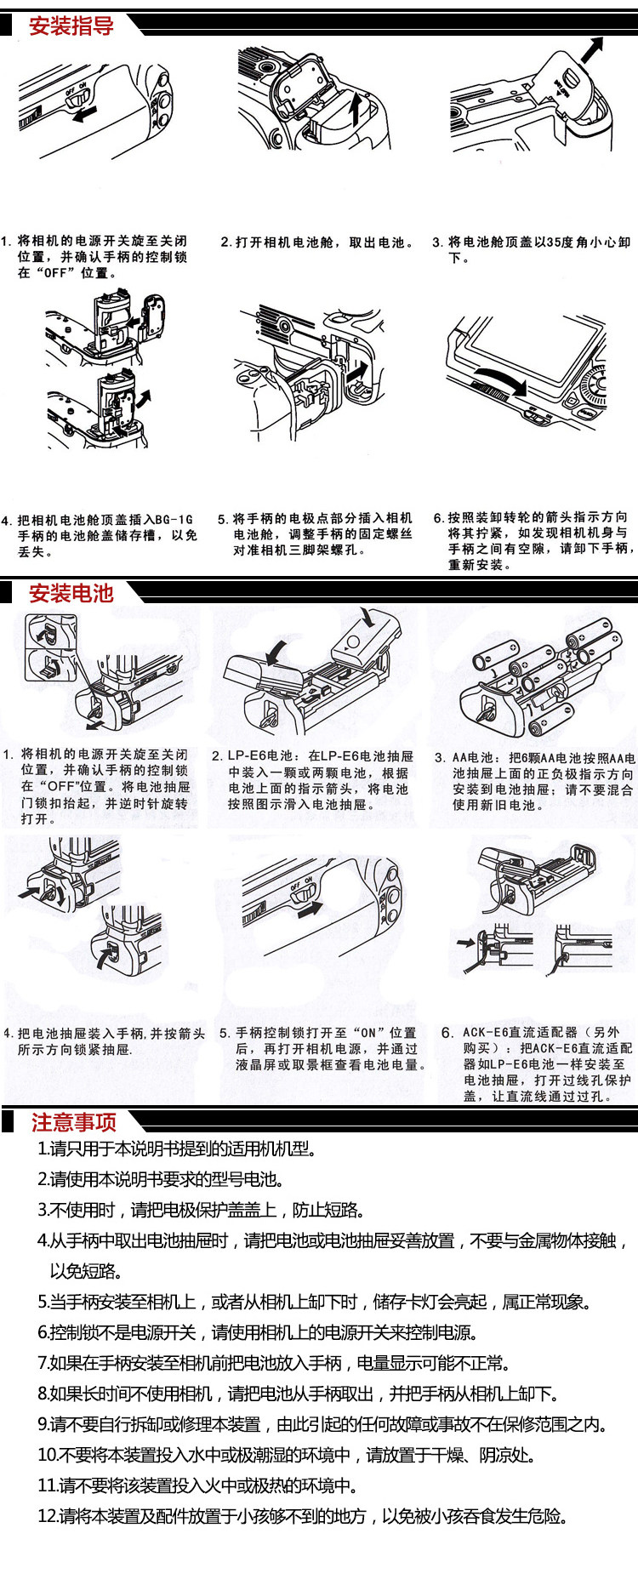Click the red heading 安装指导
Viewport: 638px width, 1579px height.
pyautogui.click(x=71, y=26)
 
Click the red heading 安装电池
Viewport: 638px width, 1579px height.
pyautogui.click(x=71, y=593)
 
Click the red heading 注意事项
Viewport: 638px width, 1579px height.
pyautogui.click(x=74, y=1122)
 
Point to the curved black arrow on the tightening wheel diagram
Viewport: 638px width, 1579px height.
pyautogui.click(x=500, y=379)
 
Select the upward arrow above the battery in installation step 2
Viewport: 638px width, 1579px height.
pyautogui.click(x=356, y=110)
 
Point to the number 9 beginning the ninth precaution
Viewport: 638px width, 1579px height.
pyautogui.click(x=43, y=1424)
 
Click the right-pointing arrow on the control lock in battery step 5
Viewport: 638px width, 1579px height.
pyautogui.click(x=310, y=909)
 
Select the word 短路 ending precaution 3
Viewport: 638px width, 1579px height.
pyautogui.click(x=345, y=1210)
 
